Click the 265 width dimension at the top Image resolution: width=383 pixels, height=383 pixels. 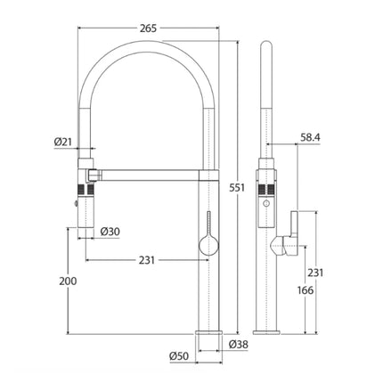(x=149, y=29)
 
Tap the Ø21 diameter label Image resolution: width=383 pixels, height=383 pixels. (x=62, y=141)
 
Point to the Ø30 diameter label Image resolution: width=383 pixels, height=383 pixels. (x=110, y=231)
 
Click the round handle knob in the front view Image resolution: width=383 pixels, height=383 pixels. (x=206, y=244)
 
